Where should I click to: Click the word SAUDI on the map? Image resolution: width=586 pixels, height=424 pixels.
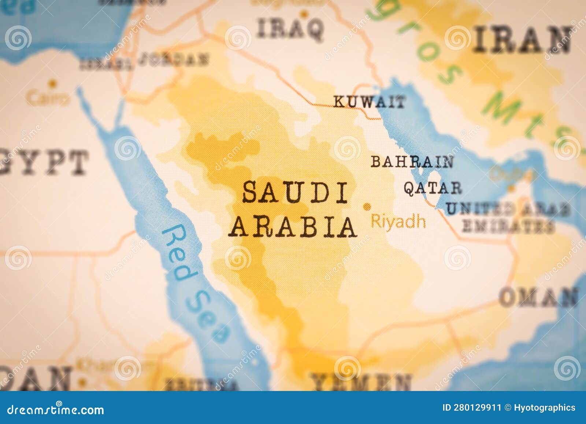click(x=295, y=193)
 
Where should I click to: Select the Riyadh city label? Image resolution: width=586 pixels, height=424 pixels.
click(x=398, y=222)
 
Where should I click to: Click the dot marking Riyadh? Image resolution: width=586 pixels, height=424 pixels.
click(x=366, y=206)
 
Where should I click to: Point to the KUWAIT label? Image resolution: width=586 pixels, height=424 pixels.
click(x=369, y=102)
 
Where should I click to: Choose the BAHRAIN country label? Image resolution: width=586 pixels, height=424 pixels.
click(x=412, y=161)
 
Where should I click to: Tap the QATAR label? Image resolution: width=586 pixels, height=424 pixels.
click(x=433, y=188)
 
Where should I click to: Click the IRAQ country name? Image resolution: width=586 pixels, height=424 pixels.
click(x=290, y=29)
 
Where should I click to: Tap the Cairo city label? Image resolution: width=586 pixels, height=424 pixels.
click(x=48, y=98)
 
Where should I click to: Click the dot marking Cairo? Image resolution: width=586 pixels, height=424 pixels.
click(x=53, y=84)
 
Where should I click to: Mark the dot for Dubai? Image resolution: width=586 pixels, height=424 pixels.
click(x=511, y=189)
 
